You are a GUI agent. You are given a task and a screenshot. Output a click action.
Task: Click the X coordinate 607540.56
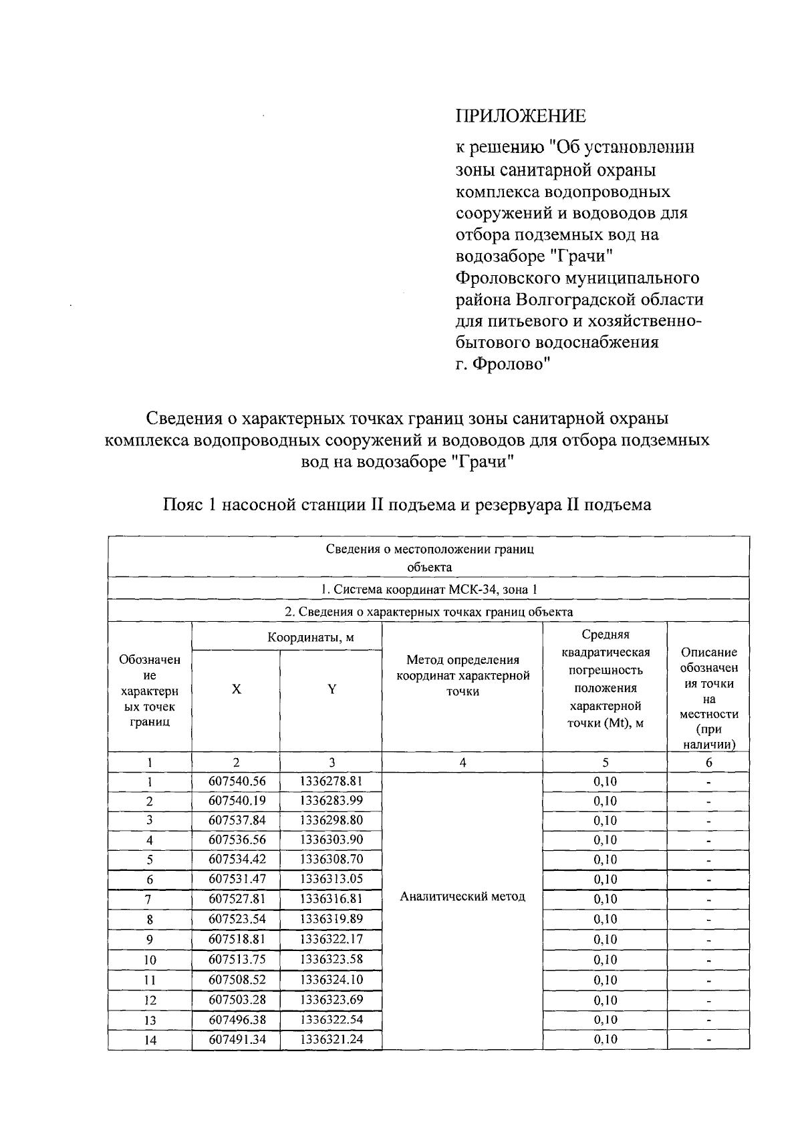(237, 781)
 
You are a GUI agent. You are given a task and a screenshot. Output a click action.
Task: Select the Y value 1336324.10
(331, 980)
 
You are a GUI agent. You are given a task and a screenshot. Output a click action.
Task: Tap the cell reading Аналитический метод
(462, 897)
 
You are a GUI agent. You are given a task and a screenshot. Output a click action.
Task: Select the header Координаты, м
(311, 637)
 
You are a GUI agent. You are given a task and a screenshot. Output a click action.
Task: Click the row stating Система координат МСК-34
(428, 589)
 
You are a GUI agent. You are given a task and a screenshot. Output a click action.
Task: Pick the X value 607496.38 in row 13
(237, 1020)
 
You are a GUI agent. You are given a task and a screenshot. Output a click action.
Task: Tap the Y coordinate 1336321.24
(331, 1039)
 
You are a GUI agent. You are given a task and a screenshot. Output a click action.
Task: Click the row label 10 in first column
(150, 960)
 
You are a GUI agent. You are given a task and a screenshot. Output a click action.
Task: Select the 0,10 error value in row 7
(605, 899)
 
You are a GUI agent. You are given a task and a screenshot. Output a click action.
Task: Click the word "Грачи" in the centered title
(482, 461)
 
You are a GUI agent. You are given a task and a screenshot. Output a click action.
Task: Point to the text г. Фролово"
(503, 365)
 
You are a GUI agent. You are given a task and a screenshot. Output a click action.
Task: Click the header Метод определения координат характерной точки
(462, 675)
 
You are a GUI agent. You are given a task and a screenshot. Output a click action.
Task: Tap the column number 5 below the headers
(605, 763)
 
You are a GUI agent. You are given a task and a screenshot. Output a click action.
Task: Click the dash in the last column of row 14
(708, 1040)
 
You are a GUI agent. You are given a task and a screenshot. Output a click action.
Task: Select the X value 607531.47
(237, 879)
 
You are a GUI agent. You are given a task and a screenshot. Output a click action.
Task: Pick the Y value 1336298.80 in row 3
(331, 820)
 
